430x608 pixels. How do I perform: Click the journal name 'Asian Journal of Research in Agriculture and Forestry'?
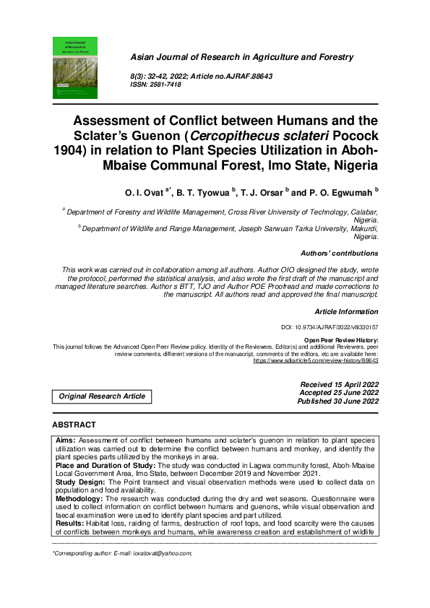(241, 57)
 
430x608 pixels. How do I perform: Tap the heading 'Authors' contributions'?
(339, 253)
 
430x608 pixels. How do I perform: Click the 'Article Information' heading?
(346, 311)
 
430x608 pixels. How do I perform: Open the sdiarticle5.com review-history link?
(315, 360)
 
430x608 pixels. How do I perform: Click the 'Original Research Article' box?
(102, 396)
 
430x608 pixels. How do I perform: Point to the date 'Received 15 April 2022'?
(339, 384)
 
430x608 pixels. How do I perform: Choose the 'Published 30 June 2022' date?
(338, 401)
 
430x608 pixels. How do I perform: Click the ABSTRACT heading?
(74, 425)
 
